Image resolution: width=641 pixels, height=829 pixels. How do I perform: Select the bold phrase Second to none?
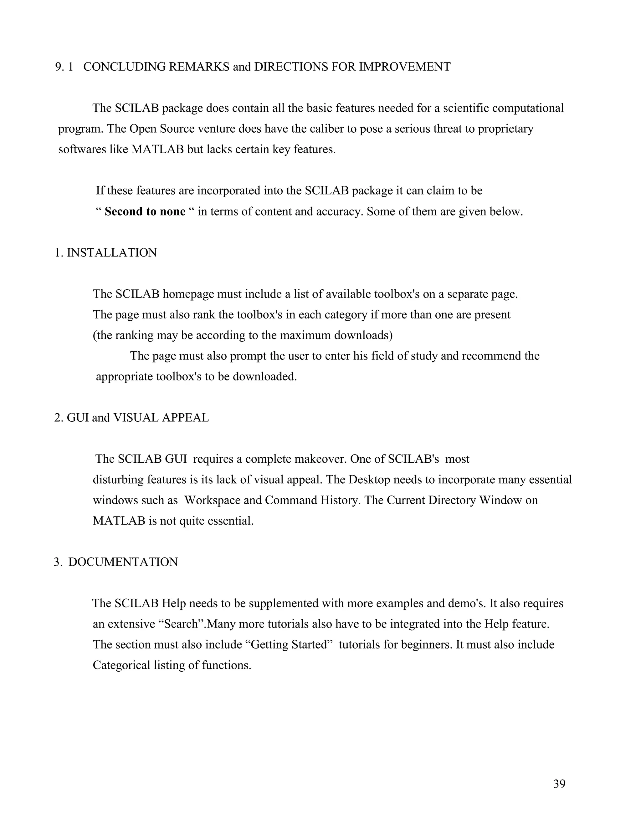click(145, 211)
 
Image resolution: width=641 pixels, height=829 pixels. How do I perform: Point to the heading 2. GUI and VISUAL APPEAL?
click(131, 418)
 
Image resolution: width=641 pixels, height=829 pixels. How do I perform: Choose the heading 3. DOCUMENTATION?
click(116, 562)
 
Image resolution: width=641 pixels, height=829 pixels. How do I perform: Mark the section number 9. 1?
click(64, 67)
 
